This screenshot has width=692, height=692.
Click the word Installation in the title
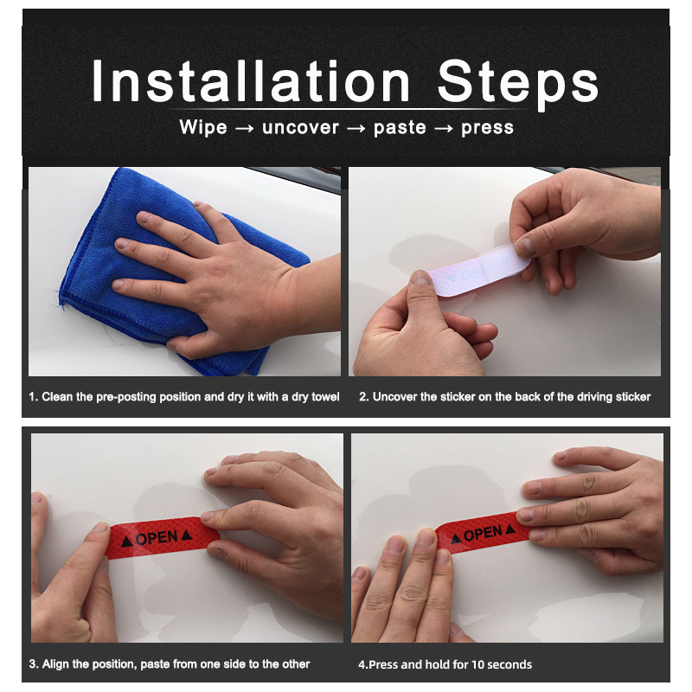(x=251, y=81)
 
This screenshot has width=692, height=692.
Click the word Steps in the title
(x=518, y=84)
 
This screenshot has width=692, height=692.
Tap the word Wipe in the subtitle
(x=203, y=127)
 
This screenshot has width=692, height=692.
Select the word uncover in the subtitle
(x=300, y=127)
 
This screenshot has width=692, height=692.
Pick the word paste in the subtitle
(x=400, y=128)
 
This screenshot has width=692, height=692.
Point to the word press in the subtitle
(x=487, y=128)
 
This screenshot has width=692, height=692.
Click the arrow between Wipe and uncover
(x=245, y=128)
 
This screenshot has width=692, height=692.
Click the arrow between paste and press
(x=444, y=128)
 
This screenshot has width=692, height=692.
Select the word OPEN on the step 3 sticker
(x=157, y=538)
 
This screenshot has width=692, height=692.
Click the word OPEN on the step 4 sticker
(x=483, y=534)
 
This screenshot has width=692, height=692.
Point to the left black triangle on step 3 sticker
(x=126, y=541)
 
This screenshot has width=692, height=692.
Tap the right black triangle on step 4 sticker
(x=510, y=529)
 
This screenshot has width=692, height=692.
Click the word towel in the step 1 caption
(x=326, y=397)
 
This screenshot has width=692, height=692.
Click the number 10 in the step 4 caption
(x=477, y=664)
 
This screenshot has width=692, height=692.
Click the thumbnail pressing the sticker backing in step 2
(x=421, y=277)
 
